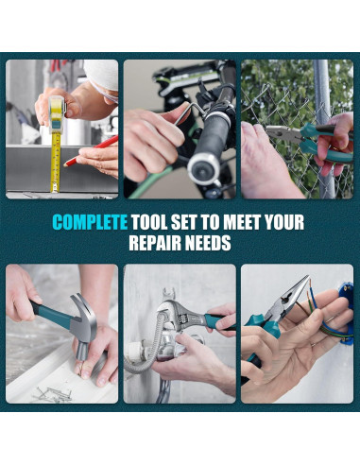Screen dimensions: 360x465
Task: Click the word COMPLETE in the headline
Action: (x=90, y=222)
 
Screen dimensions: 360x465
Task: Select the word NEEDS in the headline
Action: (x=207, y=243)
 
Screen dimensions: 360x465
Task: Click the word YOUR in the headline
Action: (x=284, y=222)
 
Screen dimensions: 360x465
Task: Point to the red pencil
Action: (x=91, y=150)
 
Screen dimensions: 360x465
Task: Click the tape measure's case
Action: (x=57, y=112)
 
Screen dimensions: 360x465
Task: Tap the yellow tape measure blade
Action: (x=56, y=163)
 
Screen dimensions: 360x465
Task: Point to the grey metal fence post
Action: (x=324, y=126)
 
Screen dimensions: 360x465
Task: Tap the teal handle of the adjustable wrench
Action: (x=220, y=322)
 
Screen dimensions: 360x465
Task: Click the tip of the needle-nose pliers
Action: (x=307, y=276)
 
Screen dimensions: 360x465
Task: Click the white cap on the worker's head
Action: (x=102, y=74)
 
